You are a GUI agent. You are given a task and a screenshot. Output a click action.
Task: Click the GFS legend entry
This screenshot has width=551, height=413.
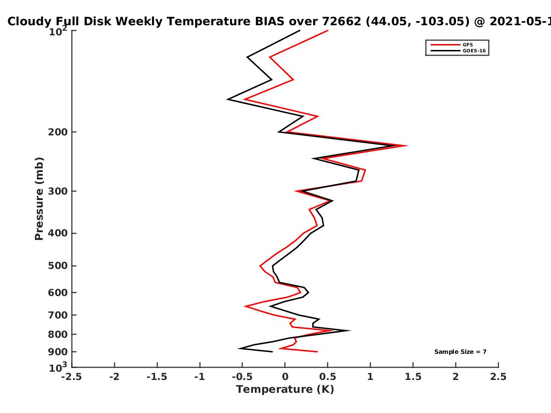pos(452,45)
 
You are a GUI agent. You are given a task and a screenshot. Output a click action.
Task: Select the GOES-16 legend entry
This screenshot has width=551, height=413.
pos(458,50)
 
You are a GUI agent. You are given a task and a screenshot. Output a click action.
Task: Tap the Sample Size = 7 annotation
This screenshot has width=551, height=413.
pos(461,352)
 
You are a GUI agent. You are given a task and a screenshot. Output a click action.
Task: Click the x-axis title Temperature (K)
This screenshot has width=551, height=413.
pos(285,389)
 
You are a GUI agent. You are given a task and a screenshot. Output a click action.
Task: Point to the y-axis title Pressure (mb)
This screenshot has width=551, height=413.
pos(39,199)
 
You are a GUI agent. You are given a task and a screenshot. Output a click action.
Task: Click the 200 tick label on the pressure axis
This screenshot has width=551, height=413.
pos(58,132)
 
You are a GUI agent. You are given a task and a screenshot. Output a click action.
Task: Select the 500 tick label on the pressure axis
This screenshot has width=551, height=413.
pos(58,266)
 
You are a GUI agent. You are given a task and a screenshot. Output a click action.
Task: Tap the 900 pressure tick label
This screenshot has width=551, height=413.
pos(58,352)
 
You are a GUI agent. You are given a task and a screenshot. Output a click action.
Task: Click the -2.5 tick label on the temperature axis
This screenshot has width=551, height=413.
pos(72,377)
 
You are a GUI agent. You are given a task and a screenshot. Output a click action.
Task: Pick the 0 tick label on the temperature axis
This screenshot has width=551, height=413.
pos(285,377)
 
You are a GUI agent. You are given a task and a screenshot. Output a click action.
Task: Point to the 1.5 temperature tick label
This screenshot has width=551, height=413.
pos(413,377)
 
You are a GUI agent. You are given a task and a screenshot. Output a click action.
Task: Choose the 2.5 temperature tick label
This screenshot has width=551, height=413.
pos(498,377)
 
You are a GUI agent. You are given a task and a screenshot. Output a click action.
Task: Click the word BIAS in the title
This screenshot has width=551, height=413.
pos(270,21)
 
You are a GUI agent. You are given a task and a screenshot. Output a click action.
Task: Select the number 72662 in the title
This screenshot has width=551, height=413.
pos(342,21)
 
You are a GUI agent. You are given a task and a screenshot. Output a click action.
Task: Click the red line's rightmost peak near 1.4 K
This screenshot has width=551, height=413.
pos(408,145)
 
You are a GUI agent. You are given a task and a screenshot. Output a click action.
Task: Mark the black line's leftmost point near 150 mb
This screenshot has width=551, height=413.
pos(227,99)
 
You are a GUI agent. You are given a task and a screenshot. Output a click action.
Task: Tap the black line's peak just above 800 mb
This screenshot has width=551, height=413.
pos(350,330)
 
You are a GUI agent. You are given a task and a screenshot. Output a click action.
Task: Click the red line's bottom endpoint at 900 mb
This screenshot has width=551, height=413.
pos(318,352)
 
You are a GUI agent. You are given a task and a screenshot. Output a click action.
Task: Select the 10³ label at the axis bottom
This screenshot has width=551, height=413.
pos(58,367)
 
